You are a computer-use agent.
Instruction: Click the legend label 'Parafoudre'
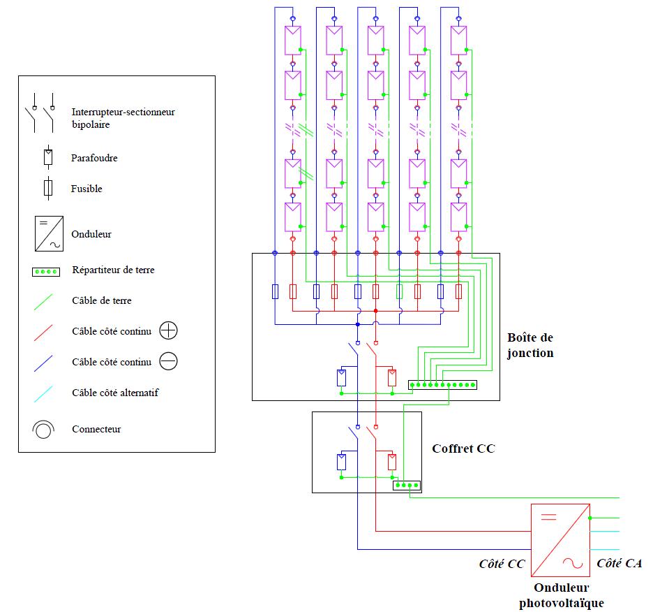94,158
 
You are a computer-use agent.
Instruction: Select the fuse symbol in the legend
48,188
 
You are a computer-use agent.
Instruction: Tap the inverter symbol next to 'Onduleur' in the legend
48,234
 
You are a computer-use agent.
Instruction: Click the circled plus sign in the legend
169,330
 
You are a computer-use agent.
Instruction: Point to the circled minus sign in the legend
169,361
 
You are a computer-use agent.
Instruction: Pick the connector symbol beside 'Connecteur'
43,429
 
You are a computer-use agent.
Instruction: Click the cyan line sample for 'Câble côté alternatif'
46,393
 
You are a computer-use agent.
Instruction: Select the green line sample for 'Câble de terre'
46,301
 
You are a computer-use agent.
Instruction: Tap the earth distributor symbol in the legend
46,271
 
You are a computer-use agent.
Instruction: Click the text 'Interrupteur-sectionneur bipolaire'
123,118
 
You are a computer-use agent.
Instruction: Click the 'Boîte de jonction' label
530,344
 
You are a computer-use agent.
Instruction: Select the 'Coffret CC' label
463,449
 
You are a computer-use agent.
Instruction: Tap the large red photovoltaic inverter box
560,539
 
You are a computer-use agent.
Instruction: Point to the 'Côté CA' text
619,563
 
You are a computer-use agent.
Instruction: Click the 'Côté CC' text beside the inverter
502,563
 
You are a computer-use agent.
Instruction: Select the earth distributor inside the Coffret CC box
406,485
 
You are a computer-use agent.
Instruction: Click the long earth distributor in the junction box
442,385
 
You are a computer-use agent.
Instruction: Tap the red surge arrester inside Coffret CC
392,462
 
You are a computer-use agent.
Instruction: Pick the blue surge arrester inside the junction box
341,377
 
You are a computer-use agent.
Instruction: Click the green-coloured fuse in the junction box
400,291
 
